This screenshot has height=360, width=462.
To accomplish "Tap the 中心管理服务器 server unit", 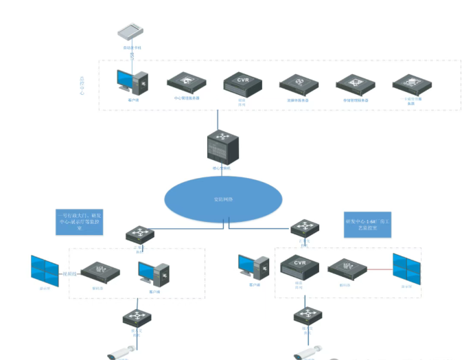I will click(x=187, y=83).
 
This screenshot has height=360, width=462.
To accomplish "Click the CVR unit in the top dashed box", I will click(x=242, y=84).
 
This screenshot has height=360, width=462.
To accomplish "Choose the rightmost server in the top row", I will click(x=411, y=84).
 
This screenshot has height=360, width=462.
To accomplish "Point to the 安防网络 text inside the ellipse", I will click(x=223, y=199).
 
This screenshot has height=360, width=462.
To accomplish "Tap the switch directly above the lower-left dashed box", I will click(x=140, y=234).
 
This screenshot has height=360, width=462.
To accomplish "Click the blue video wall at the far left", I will click(x=47, y=271).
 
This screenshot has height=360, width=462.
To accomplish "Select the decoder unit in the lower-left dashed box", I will click(x=97, y=273).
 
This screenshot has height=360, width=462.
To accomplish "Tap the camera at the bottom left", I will click(x=121, y=353).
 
